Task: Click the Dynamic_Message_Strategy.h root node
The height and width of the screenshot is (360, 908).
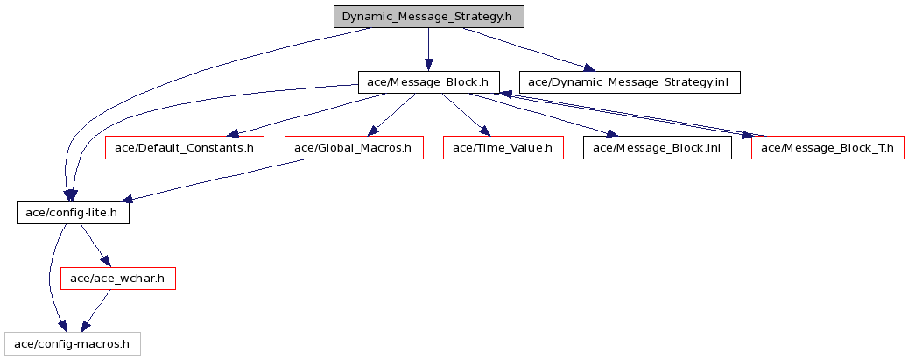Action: click(428, 17)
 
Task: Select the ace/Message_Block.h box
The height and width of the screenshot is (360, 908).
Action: click(428, 82)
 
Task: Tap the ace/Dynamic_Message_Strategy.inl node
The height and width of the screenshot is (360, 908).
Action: click(630, 82)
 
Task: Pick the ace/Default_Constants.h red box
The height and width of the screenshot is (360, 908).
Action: click(185, 148)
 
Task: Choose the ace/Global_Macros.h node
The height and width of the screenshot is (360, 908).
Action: click(354, 148)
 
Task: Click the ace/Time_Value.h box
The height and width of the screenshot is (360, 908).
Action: click(503, 148)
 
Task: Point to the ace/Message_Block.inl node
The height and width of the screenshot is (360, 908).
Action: click(658, 148)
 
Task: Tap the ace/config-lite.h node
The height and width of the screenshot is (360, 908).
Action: click(73, 214)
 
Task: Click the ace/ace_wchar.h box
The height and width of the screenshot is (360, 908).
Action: click(118, 279)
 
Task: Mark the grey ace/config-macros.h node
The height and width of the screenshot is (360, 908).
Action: click(72, 344)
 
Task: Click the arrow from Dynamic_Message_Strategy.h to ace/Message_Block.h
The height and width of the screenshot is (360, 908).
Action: click(428, 49)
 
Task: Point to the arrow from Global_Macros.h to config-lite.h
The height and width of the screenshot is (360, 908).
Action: click(214, 180)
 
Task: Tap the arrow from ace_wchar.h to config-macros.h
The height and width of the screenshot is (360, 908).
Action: click(95, 312)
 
